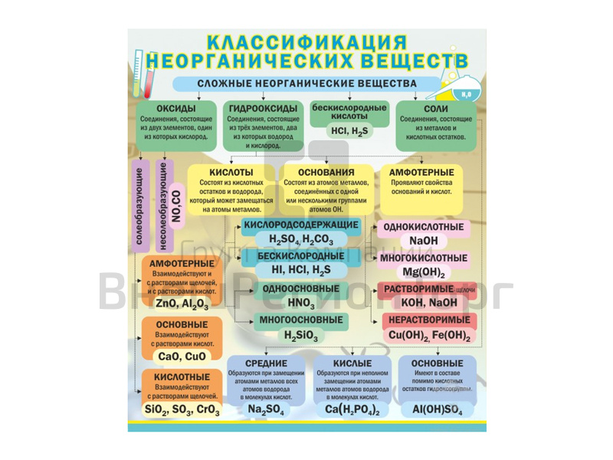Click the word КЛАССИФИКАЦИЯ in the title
[x=306, y=41]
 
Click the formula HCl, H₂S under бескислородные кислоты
[x=349, y=131]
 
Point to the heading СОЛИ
[x=435, y=109]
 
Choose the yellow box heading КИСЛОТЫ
[x=231, y=172]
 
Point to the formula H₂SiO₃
[x=300, y=334]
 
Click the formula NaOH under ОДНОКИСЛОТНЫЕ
[x=423, y=241]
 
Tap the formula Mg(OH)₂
[x=423, y=272]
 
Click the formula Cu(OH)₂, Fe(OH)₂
[x=428, y=334]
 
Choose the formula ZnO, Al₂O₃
[x=182, y=304]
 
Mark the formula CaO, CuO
[x=182, y=356]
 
